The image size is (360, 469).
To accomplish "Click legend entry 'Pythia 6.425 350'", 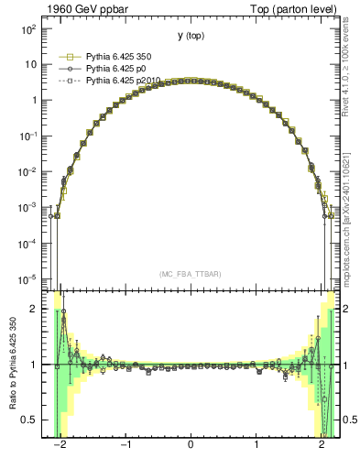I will tap(120, 57).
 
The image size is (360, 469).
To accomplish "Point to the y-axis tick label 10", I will tap(30, 65).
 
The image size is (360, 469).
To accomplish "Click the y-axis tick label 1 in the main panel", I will tap(33, 101).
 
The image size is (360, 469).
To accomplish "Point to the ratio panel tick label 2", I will tap(33, 309).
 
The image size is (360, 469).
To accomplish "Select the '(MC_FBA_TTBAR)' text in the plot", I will tap(190, 274).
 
